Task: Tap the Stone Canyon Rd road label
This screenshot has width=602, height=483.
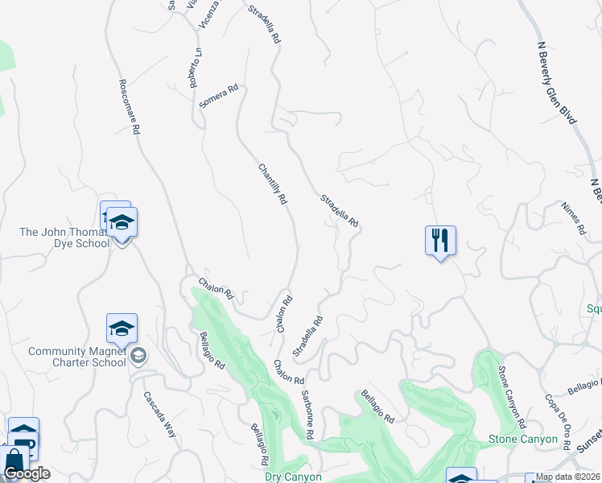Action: pos(512,397)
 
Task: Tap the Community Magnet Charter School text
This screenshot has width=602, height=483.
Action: pos(77,357)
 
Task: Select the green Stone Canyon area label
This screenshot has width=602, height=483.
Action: pos(523,439)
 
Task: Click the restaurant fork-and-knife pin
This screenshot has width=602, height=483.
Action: pos(440,240)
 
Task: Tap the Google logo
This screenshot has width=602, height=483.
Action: pos(27,473)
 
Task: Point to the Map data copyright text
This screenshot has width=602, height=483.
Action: pos(567,477)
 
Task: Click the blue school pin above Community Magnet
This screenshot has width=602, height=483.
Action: pos(122,328)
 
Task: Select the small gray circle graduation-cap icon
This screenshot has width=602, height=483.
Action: pos(138,355)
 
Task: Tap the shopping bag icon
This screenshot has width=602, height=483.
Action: pos(14,462)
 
